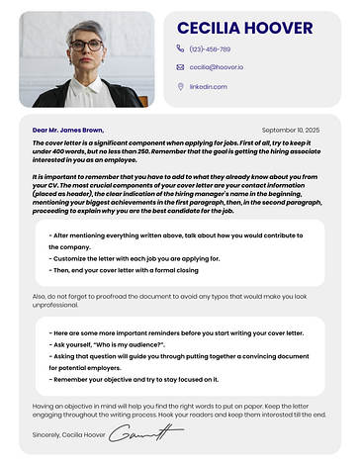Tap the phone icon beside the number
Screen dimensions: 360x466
click(x=180, y=47)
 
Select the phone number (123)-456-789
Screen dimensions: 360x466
click(x=210, y=48)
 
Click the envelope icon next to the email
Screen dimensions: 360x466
click(x=180, y=67)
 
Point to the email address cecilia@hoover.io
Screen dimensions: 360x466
click(x=217, y=67)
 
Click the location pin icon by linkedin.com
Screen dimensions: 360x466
click(x=180, y=86)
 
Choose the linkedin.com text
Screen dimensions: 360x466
click(x=209, y=87)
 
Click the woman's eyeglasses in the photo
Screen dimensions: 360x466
click(x=86, y=45)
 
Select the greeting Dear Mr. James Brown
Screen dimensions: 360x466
click(x=67, y=130)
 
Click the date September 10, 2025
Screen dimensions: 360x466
click(x=291, y=130)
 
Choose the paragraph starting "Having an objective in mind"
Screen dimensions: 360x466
click(x=178, y=410)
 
